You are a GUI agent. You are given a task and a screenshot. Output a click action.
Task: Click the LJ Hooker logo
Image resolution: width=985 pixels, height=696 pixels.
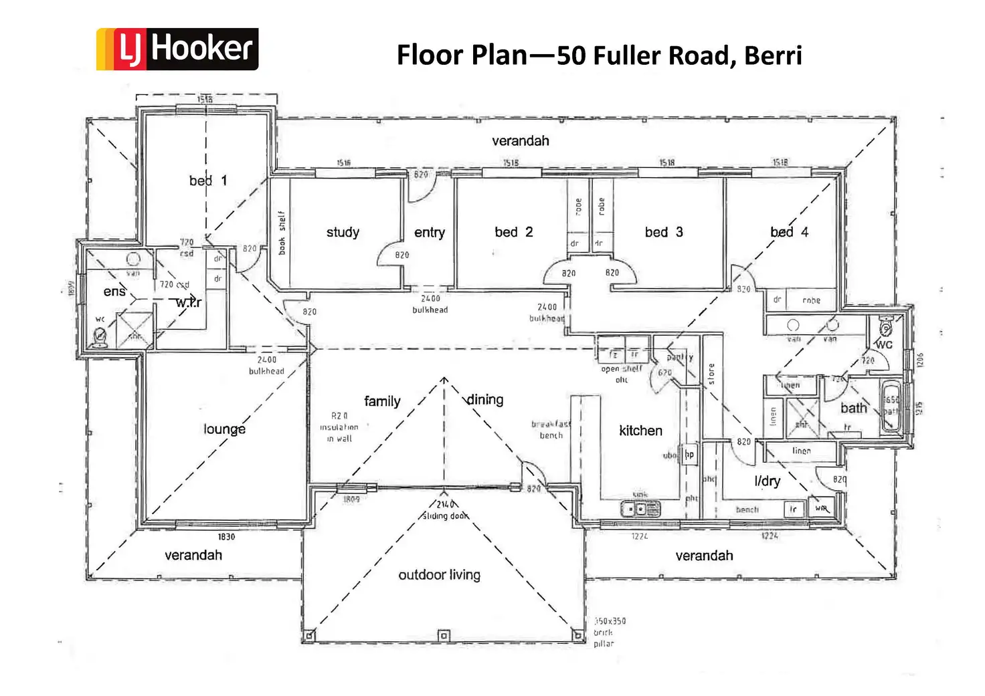point(177,49)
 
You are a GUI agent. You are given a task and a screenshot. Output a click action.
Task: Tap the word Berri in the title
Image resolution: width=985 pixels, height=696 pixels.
point(773,55)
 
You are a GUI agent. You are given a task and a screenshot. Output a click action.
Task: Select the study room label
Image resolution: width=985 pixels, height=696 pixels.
point(343,232)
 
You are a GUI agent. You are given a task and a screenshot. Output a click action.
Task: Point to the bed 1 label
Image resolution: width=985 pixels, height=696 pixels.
point(207,181)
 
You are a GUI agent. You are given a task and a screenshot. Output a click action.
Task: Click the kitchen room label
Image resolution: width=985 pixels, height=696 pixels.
point(640,431)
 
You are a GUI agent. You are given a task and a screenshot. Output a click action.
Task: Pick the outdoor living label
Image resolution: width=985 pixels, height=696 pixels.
point(439,575)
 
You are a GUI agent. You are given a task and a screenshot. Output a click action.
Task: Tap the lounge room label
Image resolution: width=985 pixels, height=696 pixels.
point(224,429)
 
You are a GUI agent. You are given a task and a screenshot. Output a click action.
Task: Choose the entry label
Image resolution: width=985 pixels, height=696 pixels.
point(429,233)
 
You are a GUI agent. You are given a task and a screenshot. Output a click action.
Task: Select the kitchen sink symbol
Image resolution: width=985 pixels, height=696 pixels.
point(640,509)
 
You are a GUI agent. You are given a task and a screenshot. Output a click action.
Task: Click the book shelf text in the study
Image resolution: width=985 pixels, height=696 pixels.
point(282,233)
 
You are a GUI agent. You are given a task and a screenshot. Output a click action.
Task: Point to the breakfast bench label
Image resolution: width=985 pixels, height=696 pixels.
point(551,429)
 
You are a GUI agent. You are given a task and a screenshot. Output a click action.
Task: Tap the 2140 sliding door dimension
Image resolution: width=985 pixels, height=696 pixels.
point(445,510)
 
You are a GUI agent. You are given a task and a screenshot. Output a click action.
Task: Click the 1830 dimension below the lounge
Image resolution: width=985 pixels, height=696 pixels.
point(226,537)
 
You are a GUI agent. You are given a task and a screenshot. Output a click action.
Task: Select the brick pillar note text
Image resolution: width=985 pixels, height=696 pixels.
point(610,632)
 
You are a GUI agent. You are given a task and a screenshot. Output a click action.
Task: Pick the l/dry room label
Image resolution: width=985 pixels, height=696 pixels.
point(767,481)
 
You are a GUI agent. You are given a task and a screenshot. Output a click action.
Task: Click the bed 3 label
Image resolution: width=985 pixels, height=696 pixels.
point(664,232)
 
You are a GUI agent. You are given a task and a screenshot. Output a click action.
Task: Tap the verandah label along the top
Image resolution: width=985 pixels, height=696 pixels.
point(520,141)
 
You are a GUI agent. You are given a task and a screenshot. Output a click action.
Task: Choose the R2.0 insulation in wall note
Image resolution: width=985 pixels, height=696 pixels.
point(339,427)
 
